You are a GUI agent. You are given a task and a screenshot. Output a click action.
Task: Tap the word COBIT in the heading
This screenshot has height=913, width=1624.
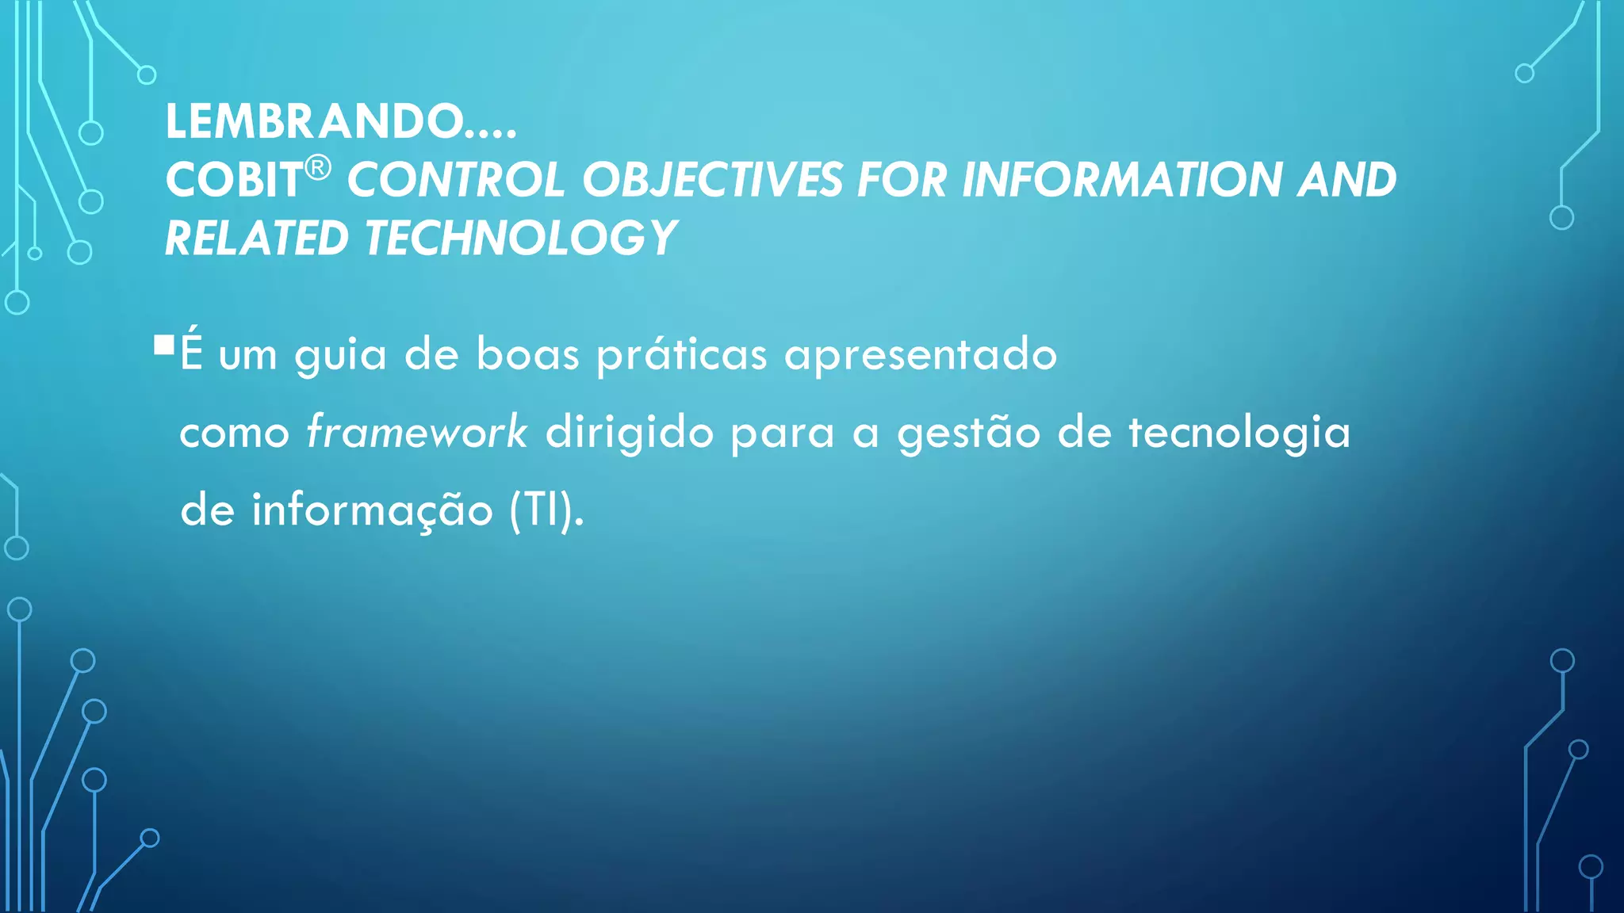(x=234, y=181)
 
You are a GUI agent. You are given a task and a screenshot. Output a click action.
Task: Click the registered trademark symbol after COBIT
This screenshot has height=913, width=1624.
(x=318, y=168)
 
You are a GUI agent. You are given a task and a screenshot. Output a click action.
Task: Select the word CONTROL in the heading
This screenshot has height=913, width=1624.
(x=455, y=180)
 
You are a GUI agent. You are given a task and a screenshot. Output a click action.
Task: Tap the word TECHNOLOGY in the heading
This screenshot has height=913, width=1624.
(x=520, y=239)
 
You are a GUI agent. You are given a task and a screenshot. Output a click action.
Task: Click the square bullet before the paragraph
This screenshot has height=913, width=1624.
(x=164, y=345)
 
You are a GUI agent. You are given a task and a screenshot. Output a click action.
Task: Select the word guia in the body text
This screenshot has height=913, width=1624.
(x=341, y=354)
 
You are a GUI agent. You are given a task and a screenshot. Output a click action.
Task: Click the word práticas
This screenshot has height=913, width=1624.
(x=682, y=354)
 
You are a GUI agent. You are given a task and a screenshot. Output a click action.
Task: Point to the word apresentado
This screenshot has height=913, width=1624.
(x=921, y=354)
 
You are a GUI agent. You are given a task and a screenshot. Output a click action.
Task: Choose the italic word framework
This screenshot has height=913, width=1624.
(x=416, y=433)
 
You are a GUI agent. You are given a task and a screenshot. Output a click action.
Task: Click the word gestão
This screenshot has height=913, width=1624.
(x=969, y=433)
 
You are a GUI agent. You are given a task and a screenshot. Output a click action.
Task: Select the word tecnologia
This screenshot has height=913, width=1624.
(x=1239, y=433)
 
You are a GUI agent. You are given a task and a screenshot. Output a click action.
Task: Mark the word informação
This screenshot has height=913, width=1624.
(x=373, y=510)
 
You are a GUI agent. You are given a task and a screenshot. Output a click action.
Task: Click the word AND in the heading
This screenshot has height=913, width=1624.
(x=1347, y=180)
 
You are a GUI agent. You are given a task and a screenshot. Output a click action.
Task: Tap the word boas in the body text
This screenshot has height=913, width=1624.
(x=528, y=354)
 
